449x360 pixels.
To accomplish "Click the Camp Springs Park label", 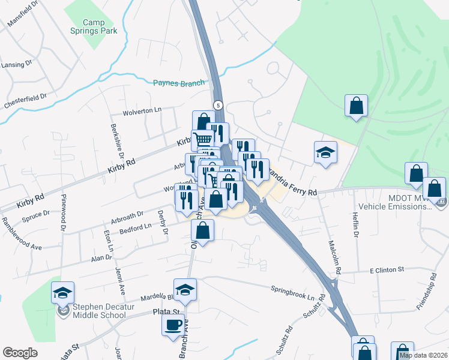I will [x=100, y=26].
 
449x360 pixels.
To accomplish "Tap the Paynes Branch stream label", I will [x=179, y=83].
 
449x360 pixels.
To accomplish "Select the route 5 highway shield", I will [x=218, y=105].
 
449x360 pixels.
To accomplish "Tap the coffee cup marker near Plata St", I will [x=173, y=325].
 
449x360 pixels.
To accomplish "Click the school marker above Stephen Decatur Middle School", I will [x=62, y=293].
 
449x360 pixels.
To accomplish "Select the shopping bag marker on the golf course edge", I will [x=357, y=106].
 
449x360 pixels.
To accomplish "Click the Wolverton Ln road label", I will [x=143, y=111].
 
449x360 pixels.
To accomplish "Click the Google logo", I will [x=20, y=353].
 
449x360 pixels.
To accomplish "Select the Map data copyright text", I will [x=423, y=355].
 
